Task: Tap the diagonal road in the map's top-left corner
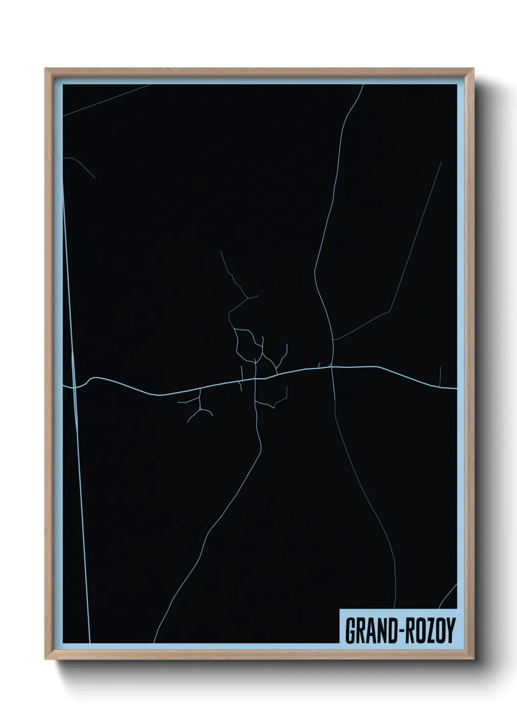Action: pyautogui.click(x=108, y=100)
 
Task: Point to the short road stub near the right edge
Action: pyautogui.click(x=441, y=376)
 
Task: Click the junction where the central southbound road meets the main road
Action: pyautogui.click(x=256, y=378)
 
